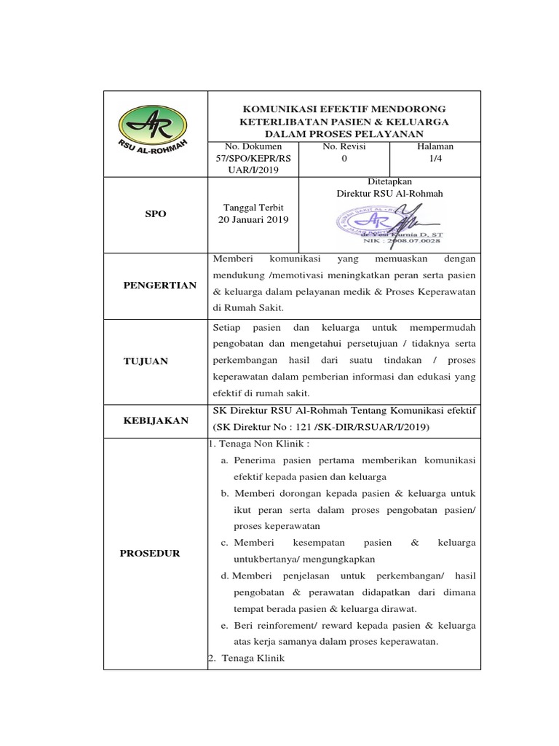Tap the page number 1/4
click(435, 157)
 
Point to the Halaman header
click(435, 146)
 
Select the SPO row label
click(155, 214)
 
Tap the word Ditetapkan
click(389, 181)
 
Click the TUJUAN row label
click(145, 361)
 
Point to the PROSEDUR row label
click(149, 554)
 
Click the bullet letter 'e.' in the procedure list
click(224, 626)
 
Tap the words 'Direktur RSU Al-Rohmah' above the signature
click(389, 193)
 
